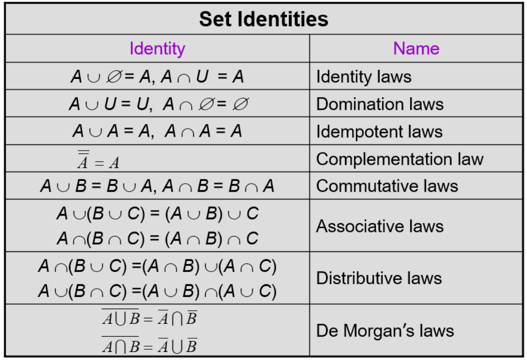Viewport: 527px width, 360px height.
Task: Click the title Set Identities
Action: (263, 19)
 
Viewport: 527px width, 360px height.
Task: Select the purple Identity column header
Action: (158, 49)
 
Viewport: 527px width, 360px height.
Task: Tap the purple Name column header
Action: (416, 48)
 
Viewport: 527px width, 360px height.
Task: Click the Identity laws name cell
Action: (364, 77)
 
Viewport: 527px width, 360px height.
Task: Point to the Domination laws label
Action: (380, 104)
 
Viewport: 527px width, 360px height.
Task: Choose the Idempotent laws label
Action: (379, 132)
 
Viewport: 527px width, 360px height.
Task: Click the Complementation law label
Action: (399, 159)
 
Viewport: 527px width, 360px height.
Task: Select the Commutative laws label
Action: (387, 186)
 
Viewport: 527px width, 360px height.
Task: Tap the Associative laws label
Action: (380, 226)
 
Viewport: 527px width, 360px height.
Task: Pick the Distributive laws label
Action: (379, 278)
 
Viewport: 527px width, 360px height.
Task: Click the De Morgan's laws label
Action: (385, 331)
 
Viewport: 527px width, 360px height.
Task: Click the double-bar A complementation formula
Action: (98, 160)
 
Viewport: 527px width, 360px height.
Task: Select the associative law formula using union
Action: (158, 214)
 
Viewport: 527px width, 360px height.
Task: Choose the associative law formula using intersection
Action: (158, 238)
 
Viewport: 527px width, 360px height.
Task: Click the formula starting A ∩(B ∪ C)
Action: (158, 266)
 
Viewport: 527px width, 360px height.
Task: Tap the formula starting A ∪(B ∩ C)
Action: (158, 291)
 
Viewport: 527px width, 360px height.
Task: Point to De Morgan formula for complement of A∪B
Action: (149, 317)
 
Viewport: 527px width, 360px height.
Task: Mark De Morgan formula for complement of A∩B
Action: (149, 345)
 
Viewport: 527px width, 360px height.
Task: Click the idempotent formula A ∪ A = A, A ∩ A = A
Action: (157, 131)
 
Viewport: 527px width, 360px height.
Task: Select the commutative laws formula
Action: (157, 186)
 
